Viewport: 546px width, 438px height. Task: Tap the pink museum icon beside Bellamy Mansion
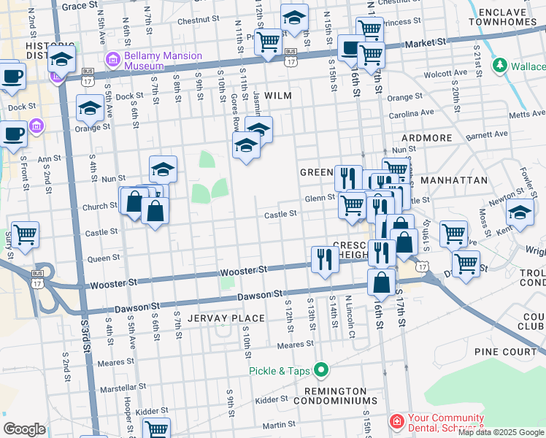[x=113, y=59]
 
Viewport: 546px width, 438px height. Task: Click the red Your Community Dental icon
[x=396, y=422]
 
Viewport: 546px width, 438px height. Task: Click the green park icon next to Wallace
[x=499, y=66]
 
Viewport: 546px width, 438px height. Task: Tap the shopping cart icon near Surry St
[x=25, y=235]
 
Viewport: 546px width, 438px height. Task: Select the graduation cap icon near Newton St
[x=519, y=212]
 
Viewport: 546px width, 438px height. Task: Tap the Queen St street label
[x=103, y=258]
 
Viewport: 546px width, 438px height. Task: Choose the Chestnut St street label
[x=193, y=21]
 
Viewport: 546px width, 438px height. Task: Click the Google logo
[x=24, y=429]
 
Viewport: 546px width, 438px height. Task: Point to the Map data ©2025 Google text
[x=501, y=432]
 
